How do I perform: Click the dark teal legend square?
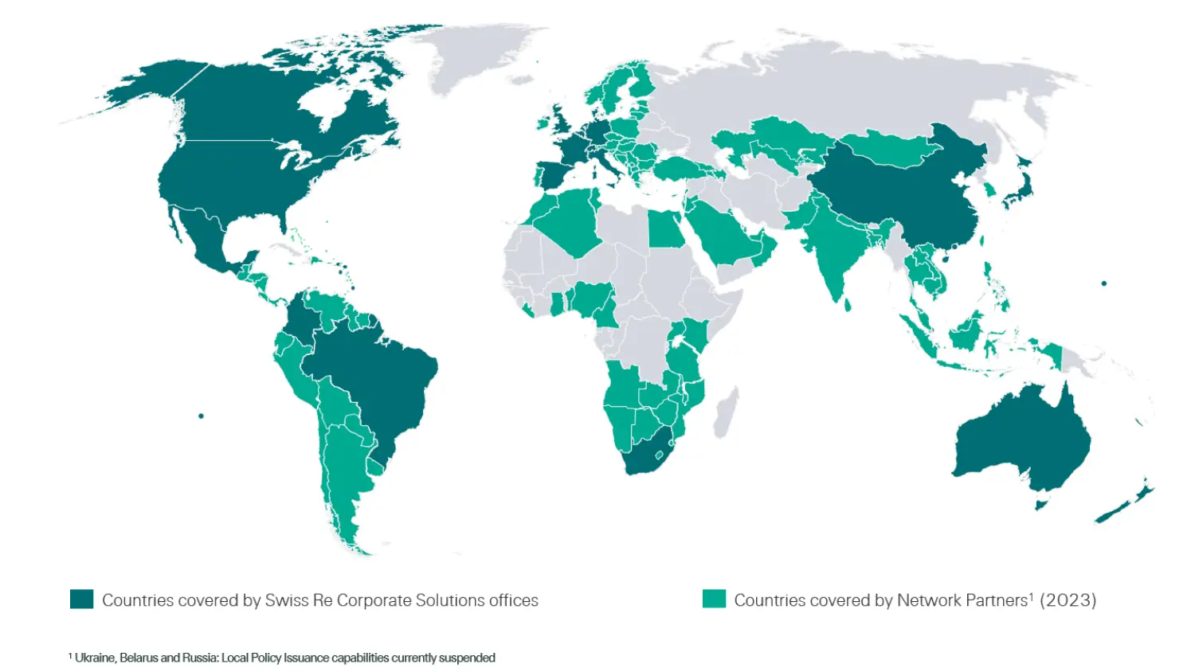click(x=81, y=600)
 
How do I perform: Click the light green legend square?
click(x=714, y=600)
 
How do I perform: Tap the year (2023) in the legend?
click(x=1068, y=600)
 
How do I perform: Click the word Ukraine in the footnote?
click(x=95, y=658)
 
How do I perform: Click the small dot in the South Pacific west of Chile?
click(x=201, y=416)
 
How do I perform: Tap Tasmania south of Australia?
click(x=1040, y=504)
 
